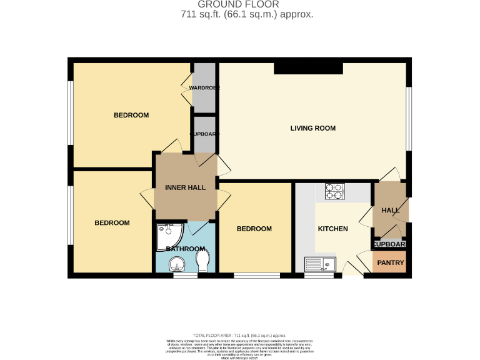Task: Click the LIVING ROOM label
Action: click(x=312, y=128)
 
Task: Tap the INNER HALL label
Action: click(x=185, y=187)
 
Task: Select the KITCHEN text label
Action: click(x=332, y=229)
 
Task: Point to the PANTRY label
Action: click(x=390, y=262)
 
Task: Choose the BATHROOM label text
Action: click(x=184, y=249)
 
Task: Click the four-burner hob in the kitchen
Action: click(x=334, y=191)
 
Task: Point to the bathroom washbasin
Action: click(x=178, y=266)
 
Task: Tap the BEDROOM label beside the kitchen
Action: click(x=254, y=229)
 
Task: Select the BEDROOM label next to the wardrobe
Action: click(x=131, y=115)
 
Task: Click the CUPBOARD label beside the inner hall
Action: click(x=204, y=134)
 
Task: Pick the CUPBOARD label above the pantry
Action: click(x=390, y=244)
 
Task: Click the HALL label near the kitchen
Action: click(x=390, y=211)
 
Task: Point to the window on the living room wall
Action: click(x=408, y=119)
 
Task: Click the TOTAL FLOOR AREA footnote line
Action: click(x=247, y=336)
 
